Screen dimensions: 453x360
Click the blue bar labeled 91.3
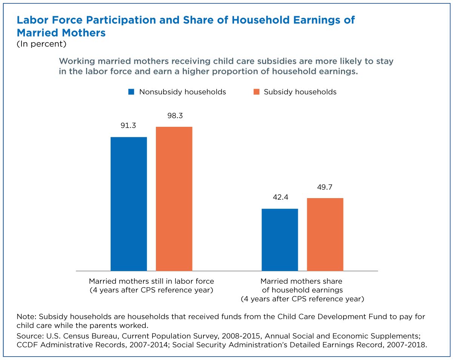coord(129,204)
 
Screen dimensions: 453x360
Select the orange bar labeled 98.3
coord(174,199)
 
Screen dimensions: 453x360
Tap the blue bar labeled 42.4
coord(280,240)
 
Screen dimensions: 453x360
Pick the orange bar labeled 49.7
coord(325,234)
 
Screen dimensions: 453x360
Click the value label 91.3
coord(128,126)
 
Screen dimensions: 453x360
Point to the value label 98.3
coord(175,116)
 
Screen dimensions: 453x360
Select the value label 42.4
coord(280,197)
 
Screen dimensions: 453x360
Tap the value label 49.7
coord(325,187)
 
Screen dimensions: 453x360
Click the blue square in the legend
coord(131,92)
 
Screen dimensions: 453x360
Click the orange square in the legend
coord(256,92)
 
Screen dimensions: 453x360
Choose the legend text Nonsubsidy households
coord(182,92)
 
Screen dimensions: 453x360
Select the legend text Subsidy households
coord(300,92)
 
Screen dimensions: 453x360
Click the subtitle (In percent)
coord(42,44)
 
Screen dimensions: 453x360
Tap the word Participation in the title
coord(121,20)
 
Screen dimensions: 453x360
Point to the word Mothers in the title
coord(84,33)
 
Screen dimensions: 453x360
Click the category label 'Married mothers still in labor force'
coord(151,281)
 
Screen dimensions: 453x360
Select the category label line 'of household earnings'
coord(302,290)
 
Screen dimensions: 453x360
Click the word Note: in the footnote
coord(26,317)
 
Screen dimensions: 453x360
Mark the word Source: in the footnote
coord(30,336)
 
